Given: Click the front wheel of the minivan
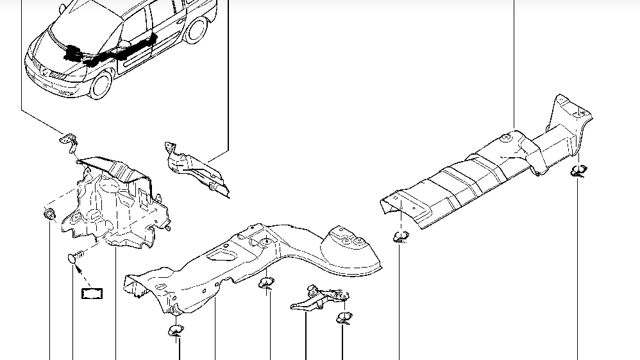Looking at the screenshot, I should point(101,84).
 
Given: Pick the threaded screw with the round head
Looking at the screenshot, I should point(74,259).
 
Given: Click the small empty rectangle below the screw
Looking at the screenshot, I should point(92,294).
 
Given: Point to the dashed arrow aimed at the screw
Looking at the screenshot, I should point(82,276).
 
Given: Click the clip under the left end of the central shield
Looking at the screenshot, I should point(174,330).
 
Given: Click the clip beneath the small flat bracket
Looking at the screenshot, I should point(344,318).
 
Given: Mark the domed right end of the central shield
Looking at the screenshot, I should point(349,250).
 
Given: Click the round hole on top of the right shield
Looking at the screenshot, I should point(506,137).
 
